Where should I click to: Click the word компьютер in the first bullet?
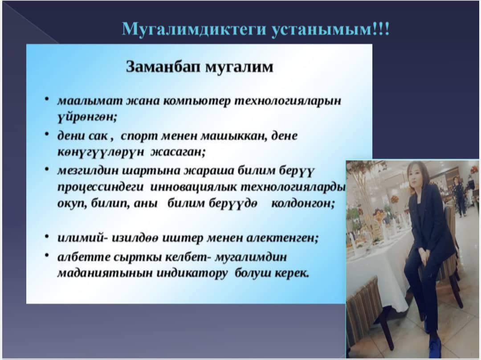pos(197,101)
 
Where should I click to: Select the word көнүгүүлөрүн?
pos(101,152)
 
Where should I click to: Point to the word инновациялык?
pos(194,187)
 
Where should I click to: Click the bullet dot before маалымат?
pos(47,99)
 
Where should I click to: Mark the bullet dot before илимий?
pos(47,236)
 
